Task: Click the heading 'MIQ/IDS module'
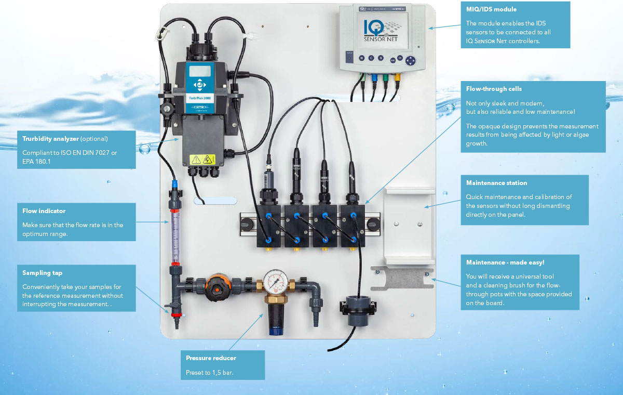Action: (x=491, y=9)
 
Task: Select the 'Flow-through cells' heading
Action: (x=494, y=89)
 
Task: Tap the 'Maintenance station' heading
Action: (x=496, y=183)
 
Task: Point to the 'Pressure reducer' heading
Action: (x=211, y=358)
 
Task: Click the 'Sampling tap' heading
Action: (x=42, y=273)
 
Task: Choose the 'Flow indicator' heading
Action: (x=44, y=211)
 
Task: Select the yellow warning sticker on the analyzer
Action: (x=203, y=160)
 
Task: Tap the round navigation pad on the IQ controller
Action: (x=411, y=60)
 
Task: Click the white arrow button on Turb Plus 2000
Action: (x=198, y=85)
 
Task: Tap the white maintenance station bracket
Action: (x=409, y=223)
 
